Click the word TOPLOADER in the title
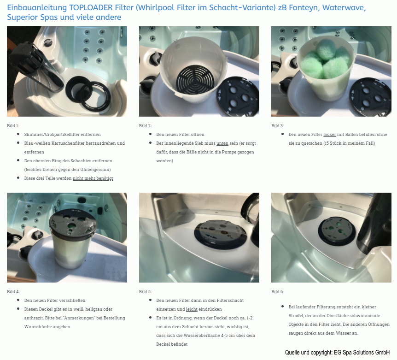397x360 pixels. coord(91,7)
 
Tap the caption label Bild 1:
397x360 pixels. coord(13,126)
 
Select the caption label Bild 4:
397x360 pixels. coord(13,292)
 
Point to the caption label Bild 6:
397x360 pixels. coord(278,292)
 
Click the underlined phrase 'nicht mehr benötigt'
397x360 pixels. coord(93,178)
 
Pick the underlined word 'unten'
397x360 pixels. coord(222,143)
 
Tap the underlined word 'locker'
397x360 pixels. coord(330,135)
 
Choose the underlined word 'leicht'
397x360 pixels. coord(192,309)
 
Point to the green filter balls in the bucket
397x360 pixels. coord(325,60)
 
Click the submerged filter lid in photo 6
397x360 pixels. coord(337,230)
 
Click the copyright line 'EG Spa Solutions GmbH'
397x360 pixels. coord(362,353)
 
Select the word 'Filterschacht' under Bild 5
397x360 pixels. coord(230,301)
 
